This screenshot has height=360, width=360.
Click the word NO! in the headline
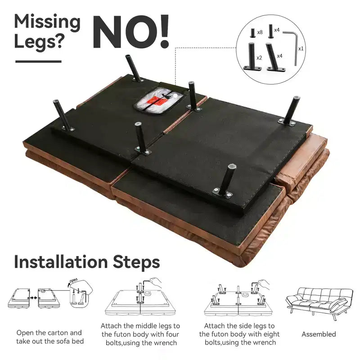click(131, 31)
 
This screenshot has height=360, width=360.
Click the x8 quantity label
click(260, 32)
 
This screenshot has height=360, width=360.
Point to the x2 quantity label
click(259, 58)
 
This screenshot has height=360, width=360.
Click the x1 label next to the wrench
click(301, 49)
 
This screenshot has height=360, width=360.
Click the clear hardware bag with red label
click(159, 100)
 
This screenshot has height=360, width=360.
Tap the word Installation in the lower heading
click(61, 262)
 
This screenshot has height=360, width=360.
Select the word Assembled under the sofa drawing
click(319, 334)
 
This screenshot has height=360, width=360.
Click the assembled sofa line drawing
click(319, 302)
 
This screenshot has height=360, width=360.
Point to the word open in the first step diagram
click(73, 281)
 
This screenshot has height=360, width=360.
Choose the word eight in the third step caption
click(271, 334)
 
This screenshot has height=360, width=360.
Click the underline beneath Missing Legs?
click(38, 62)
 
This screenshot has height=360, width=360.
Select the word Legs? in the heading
click(38, 42)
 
